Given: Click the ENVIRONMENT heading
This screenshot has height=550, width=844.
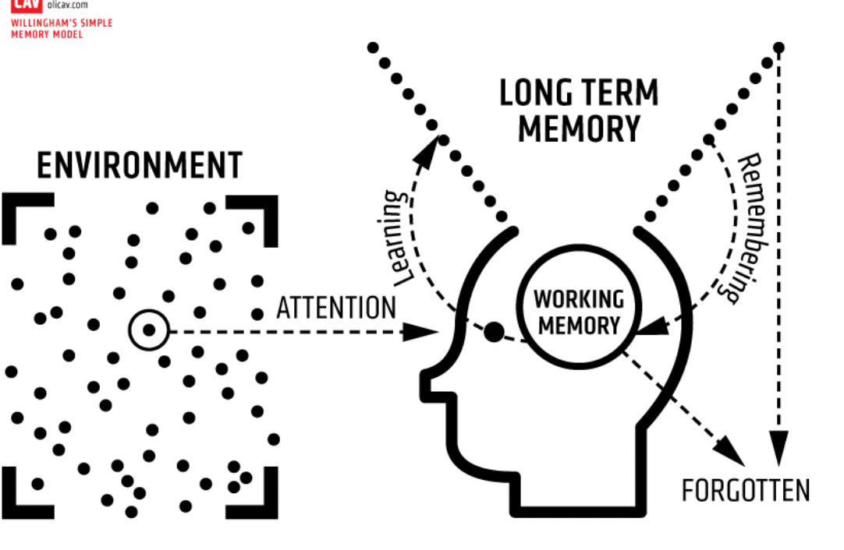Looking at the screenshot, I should (140, 166).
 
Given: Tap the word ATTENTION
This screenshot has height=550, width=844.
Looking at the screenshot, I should (336, 308).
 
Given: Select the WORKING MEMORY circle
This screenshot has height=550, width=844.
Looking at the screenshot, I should (579, 312).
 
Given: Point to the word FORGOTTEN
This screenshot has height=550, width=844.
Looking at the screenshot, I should (745, 492).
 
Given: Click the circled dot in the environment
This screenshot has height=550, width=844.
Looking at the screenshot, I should (148, 330).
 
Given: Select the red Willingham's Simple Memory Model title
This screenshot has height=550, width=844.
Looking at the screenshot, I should (62, 29).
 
